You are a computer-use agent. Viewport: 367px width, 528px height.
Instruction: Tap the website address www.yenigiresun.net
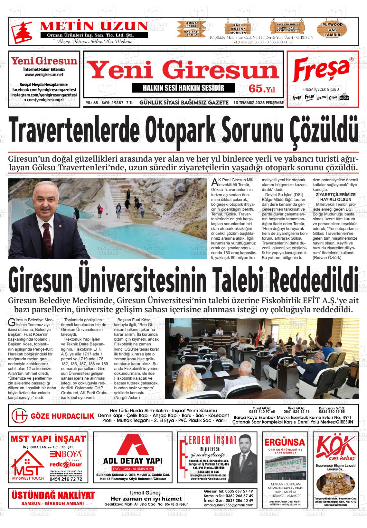point(44,75)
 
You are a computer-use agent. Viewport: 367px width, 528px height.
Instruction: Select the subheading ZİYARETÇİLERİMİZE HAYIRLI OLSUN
point(335,197)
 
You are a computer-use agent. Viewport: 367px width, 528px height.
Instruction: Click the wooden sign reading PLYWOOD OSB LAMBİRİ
point(333,29)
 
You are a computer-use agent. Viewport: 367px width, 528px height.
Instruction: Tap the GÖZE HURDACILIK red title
point(62,416)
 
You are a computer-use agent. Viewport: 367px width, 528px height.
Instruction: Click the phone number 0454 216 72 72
point(66,479)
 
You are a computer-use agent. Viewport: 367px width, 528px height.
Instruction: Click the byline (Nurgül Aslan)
point(127,397)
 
